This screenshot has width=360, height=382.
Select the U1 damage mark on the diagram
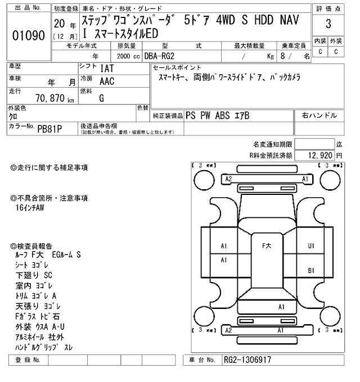pyautogui.click(x=311, y=245)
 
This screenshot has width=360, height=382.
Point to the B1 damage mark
pyautogui.click(x=311, y=270)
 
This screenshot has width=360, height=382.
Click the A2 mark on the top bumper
pyautogui.click(x=228, y=179)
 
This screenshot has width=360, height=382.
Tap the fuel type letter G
pyautogui.click(x=101, y=98)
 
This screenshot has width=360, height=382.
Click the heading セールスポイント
pyautogui.click(x=175, y=67)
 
